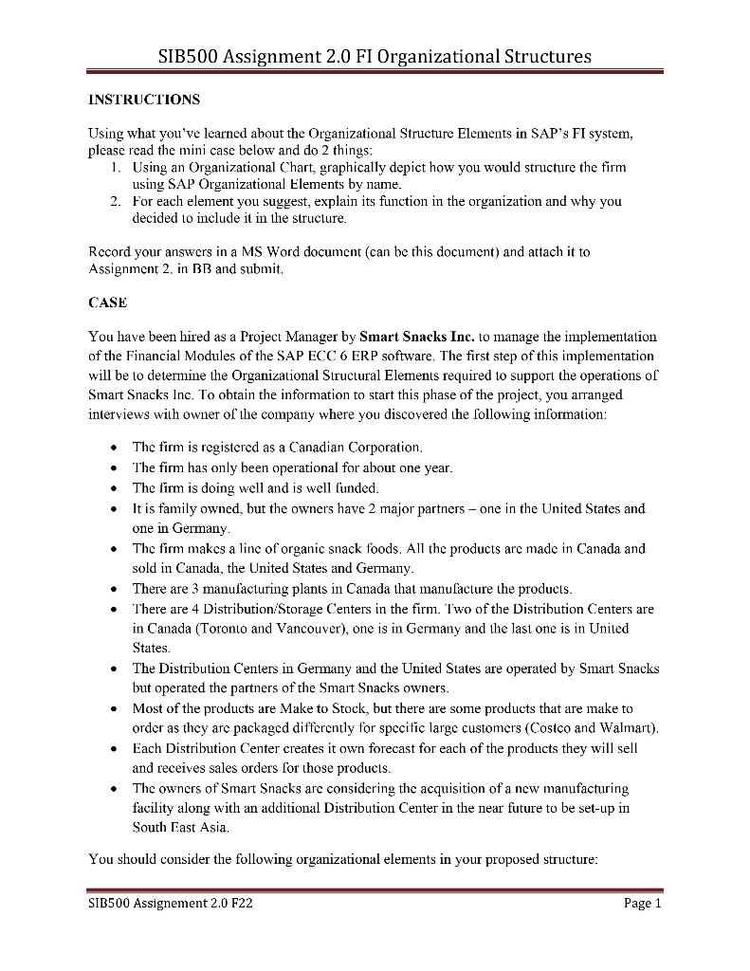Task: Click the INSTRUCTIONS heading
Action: pyautogui.click(x=143, y=99)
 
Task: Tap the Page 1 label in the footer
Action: pyautogui.click(x=642, y=904)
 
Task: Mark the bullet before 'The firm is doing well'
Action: pyautogui.click(x=113, y=489)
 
